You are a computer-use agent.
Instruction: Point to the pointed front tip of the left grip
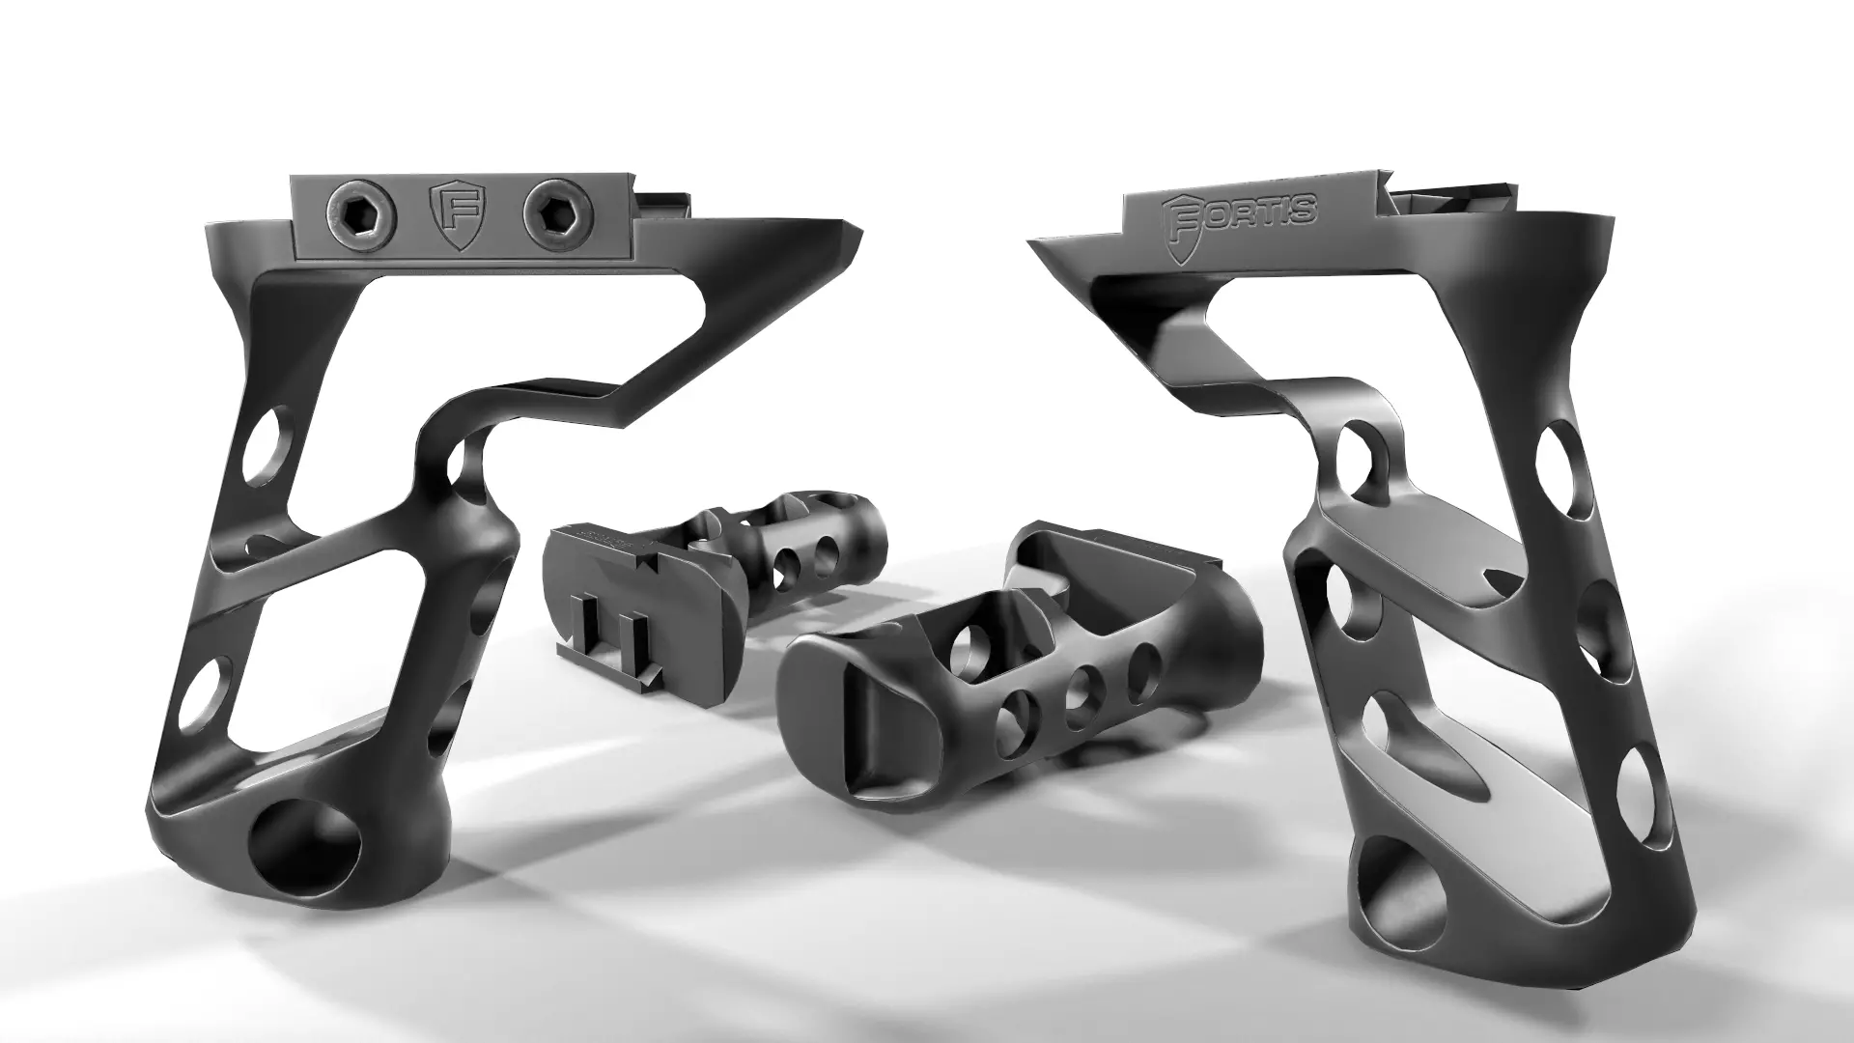[x=856, y=238]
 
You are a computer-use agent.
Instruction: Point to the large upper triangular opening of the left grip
[x=454, y=338]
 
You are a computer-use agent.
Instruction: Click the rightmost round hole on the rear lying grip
[x=826, y=552]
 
